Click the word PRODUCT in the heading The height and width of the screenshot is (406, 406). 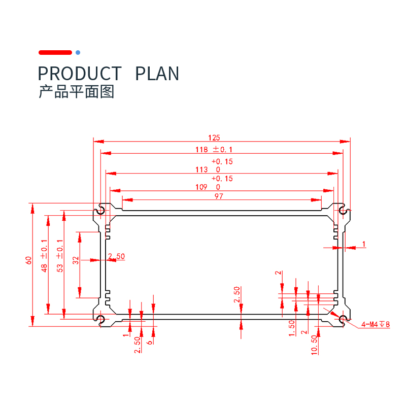[80, 74]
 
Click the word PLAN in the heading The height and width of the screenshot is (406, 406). [157, 74]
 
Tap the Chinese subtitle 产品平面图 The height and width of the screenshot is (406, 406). [76, 92]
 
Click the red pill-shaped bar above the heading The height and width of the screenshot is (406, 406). [55, 52]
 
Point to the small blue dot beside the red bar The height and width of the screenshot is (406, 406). [78, 52]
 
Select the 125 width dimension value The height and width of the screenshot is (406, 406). [214, 138]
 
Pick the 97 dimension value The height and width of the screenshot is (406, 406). [219, 197]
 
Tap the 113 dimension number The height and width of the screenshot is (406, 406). [201, 170]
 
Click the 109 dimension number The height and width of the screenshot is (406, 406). [201, 187]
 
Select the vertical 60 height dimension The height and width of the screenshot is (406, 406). [29, 260]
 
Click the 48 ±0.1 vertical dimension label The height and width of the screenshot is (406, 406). [45, 256]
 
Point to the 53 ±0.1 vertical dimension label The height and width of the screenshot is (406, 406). [60, 256]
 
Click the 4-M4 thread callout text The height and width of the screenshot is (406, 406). [376, 324]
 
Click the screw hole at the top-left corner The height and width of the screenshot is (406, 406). [101, 210]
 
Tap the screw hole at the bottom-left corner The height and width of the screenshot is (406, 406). [101, 319]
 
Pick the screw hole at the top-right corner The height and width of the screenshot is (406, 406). [343, 210]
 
